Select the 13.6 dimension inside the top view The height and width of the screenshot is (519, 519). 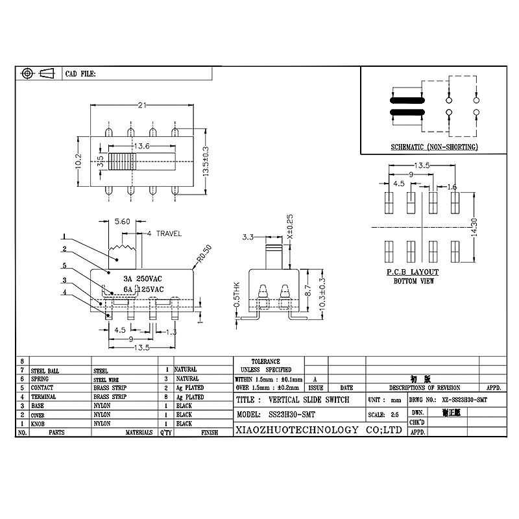pyautogui.click(x=141, y=147)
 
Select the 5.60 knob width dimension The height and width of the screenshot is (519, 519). pyautogui.click(x=123, y=222)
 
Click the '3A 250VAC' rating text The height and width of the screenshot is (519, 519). pyautogui.click(x=138, y=278)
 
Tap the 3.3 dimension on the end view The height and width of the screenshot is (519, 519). pyautogui.click(x=247, y=237)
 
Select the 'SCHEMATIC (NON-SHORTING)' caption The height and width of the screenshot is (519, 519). pyautogui.click(x=434, y=147)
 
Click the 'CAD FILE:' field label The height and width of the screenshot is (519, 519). pyautogui.click(x=80, y=75)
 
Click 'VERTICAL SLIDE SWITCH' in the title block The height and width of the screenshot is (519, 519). pyautogui.click(x=311, y=400)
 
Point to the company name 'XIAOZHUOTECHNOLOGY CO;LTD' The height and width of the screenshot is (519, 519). pyautogui.click(x=317, y=430)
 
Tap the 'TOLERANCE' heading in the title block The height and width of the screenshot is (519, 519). pyautogui.click(x=265, y=361)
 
